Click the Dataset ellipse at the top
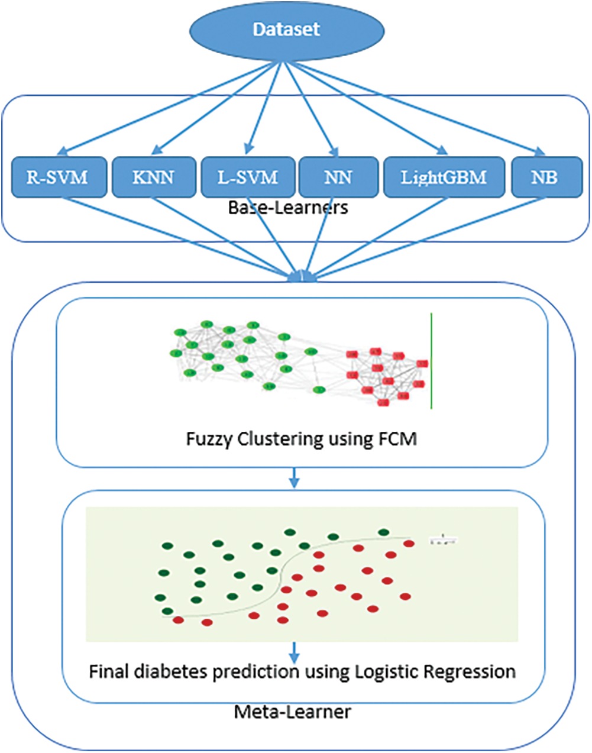coord(286,30)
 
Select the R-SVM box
coord(59,177)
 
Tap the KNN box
coord(153,177)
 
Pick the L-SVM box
coord(247,177)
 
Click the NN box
coord(338,177)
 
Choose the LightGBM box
coord(444,177)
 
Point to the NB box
coord(546,177)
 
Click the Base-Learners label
coord(288,208)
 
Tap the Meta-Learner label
coord(293,711)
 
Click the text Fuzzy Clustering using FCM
coord(301,439)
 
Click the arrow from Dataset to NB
coord(414,108)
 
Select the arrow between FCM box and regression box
coord(294,479)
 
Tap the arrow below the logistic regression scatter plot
coord(294,652)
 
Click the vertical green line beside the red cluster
coord(431,361)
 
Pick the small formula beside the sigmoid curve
coord(444,540)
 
